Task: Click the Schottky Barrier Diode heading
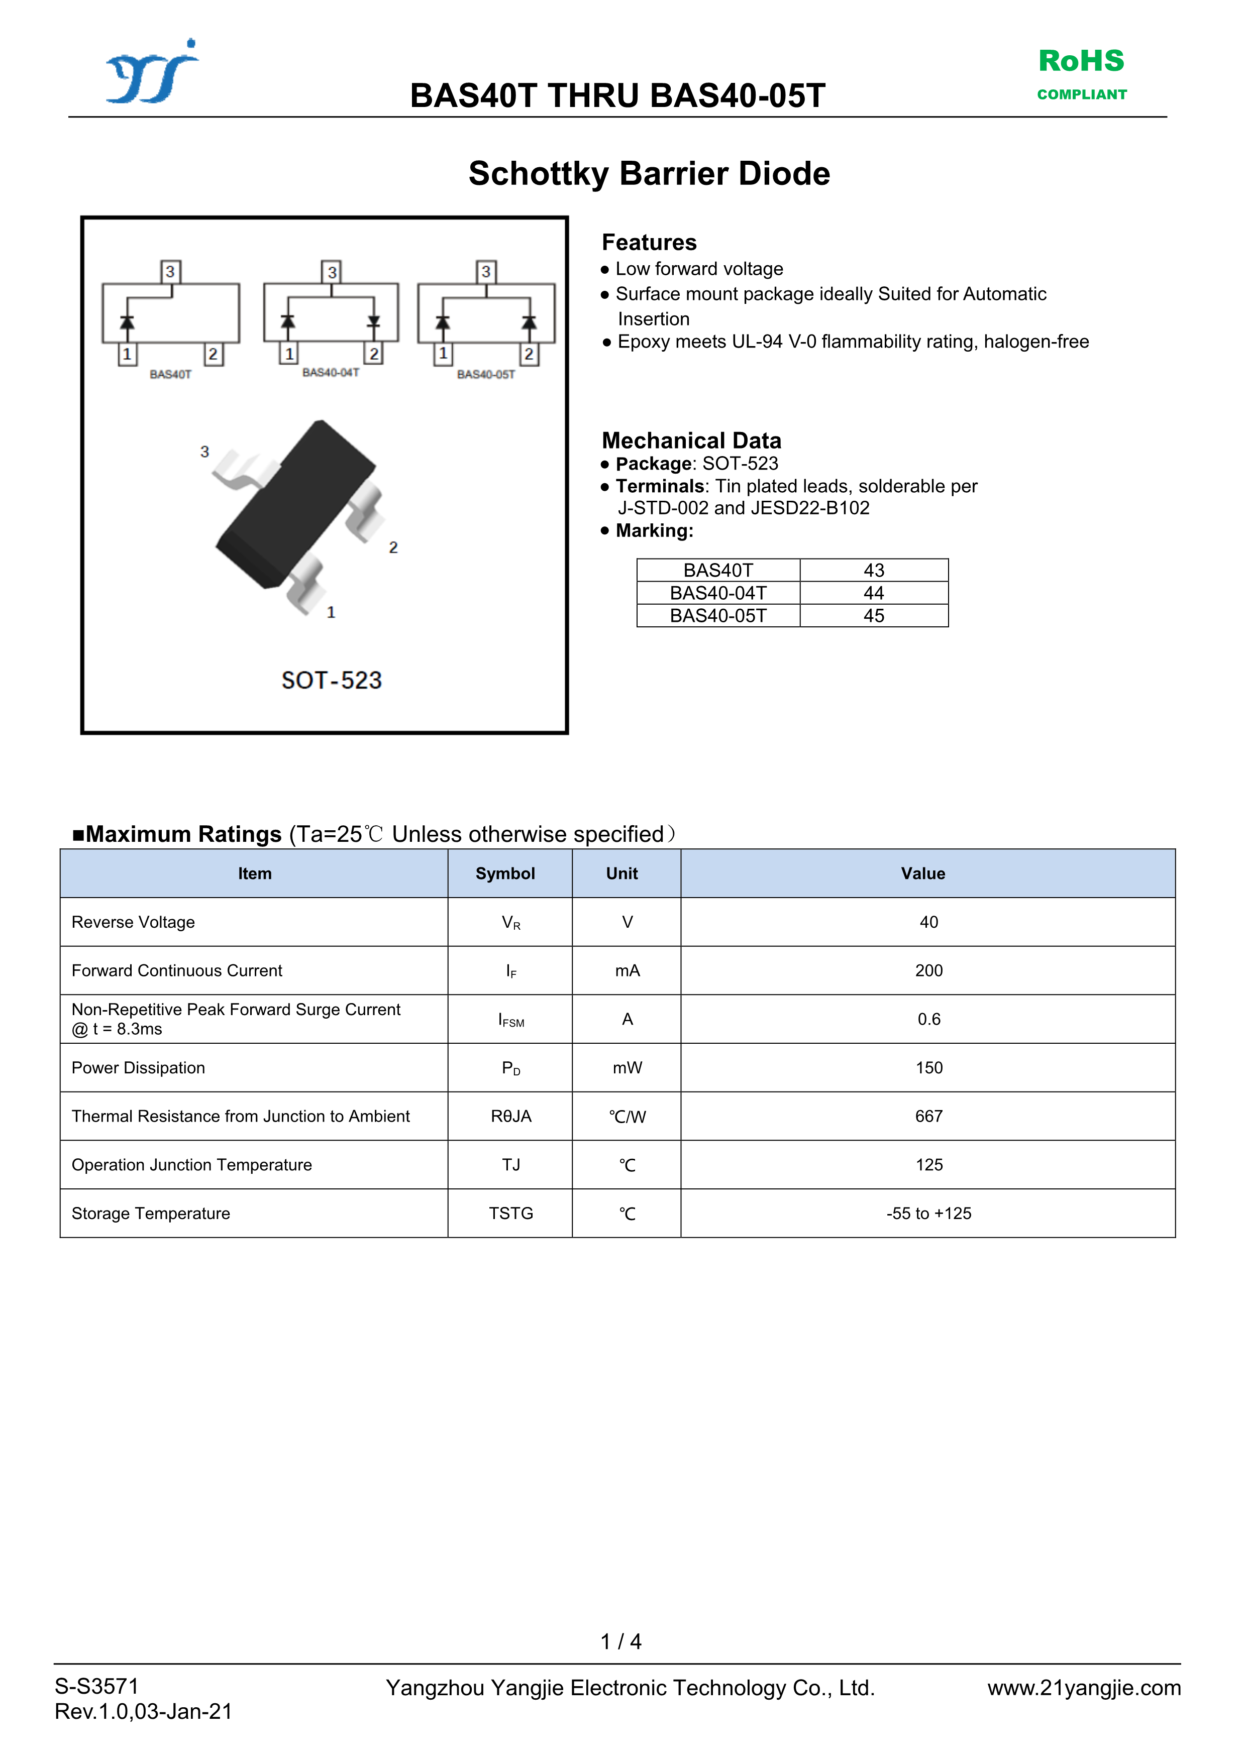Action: click(x=649, y=173)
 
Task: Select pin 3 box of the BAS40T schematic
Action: click(x=170, y=272)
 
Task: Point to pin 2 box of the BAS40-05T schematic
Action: click(x=529, y=354)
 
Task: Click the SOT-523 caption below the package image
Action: click(x=331, y=680)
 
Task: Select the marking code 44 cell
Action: click(x=874, y=593)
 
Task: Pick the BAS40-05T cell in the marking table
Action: click(x=718, y=615)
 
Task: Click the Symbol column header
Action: click(x=505, y=873)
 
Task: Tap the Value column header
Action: click(x=923, y=873)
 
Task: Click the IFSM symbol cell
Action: click(x=510, y=1020)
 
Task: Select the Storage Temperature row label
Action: click(x=151, y=1214)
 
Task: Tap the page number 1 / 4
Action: click(x=620, y=1641)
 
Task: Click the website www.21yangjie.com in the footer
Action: click(x=1083, y=1688)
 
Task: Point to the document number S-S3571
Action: click(x=97, y=1686)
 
